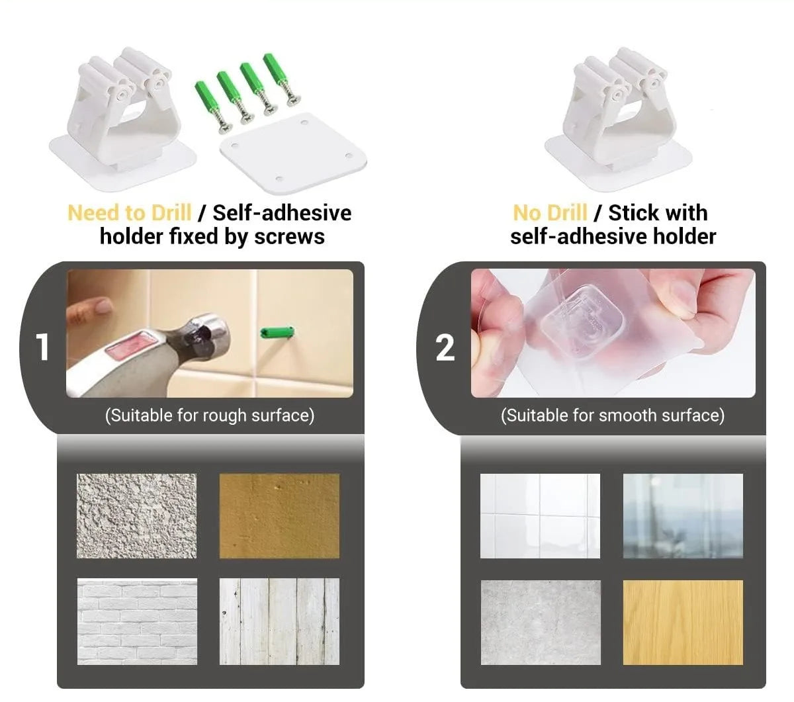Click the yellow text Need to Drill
coord(129,213)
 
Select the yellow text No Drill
coord(550,213)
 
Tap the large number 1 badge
coord(42,347)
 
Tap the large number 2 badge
coord(445,347)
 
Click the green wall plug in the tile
coord(277,332)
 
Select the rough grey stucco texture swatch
coord(136,516)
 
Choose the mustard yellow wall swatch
coord(279,516)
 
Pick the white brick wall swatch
coord(137,621)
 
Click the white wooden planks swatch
coord(279,621)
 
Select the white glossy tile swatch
coord(540,516)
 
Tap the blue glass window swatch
coord(683,516)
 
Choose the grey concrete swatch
coord(541,622)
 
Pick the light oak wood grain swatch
coord(683,622)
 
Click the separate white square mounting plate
coord(293,154)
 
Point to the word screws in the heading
coord(289,237)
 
